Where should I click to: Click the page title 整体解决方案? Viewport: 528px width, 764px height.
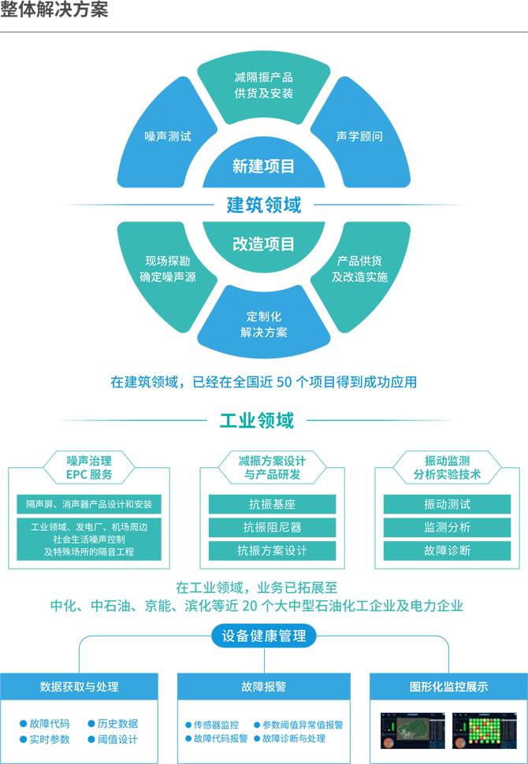point(54,9)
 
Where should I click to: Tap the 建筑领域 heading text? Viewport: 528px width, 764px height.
point(264,205)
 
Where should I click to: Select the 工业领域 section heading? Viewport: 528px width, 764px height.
point(257,420)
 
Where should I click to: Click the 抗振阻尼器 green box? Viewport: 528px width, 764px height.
point(272,528)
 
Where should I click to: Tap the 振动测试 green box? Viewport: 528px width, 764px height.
point(447,504)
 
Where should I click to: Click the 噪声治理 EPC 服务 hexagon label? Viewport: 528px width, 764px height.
point(89,468)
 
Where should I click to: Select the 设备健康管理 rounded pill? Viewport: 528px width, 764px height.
point(264,636)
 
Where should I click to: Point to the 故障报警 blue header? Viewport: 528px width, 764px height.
point(264,687)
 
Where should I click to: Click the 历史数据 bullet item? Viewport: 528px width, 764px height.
point(113,724)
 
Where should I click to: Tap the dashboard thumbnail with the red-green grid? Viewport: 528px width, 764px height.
point(483,731)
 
